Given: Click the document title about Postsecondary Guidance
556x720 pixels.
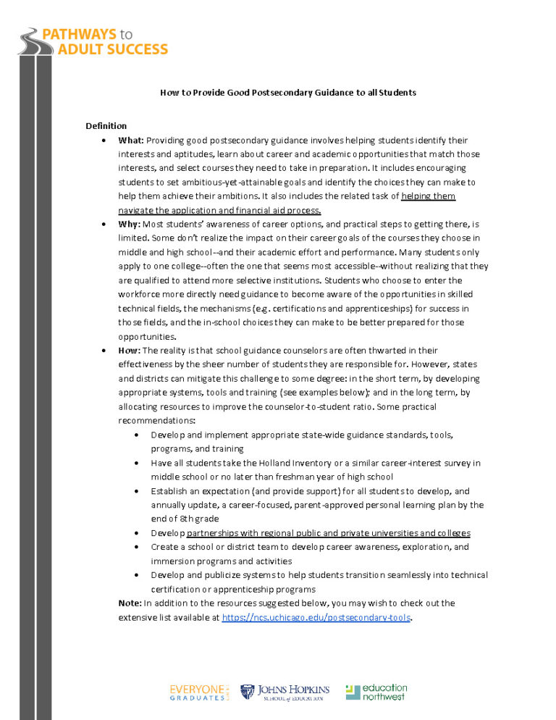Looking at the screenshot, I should pos(287,93).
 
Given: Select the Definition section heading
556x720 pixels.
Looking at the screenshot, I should pos(106,126).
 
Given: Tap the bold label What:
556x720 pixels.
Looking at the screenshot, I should pos(131,140).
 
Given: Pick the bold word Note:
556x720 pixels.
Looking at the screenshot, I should pos(130,603).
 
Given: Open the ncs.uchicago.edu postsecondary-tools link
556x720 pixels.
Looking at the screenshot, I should pos(316,617).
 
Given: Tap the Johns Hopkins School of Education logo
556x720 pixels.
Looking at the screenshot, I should pos(285,692).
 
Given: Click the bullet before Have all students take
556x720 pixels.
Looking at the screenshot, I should pos(138,463).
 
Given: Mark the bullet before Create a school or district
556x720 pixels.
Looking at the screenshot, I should pos(138,547).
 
